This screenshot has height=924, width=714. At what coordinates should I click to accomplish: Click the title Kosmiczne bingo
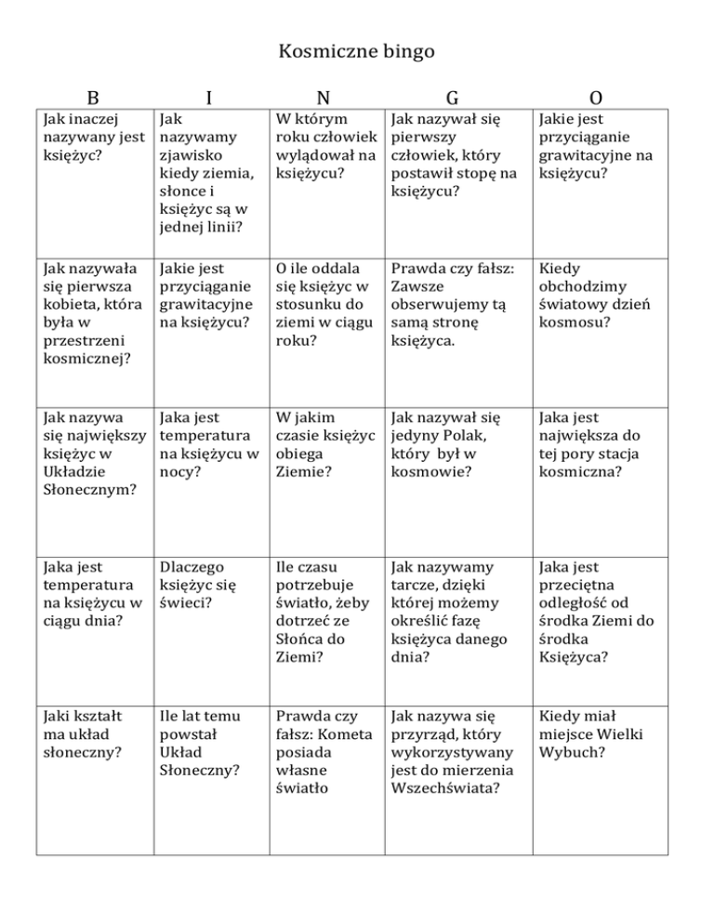tap(357, 52)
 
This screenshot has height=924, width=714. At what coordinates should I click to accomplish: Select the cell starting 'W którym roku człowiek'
tap(324, 146)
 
